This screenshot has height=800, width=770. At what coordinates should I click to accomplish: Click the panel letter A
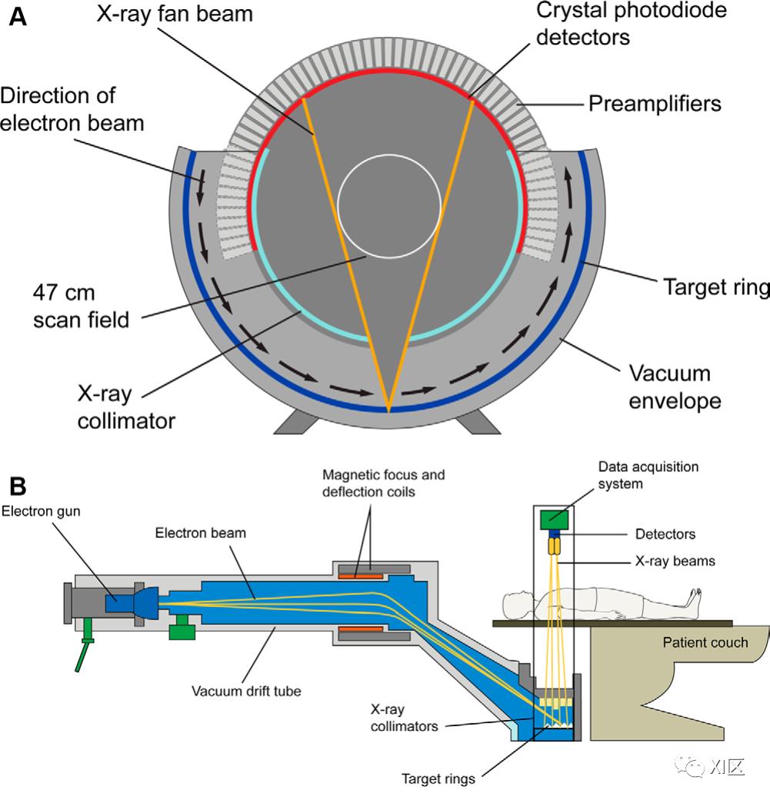pos(17,17)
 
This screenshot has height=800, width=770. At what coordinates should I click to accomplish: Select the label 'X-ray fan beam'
pos(174,13)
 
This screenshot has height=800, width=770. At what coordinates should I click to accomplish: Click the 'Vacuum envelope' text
pos(675,387)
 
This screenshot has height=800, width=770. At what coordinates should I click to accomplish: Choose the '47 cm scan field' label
pos(80,306)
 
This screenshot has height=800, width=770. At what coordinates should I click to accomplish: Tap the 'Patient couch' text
pos(705,641)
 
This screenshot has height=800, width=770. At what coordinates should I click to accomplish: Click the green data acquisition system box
pos(554,520)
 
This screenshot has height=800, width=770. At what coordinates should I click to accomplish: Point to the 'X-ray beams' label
pos(674,562)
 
